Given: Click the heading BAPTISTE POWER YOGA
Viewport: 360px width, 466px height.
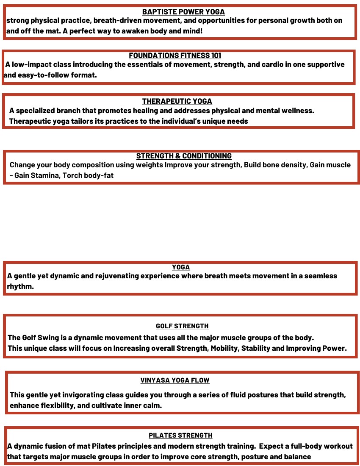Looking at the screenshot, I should tap(183, 12).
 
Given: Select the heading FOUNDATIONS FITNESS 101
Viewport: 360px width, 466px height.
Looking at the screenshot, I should tap(175, 55).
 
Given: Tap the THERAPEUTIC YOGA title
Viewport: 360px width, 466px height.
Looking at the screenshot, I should tap(177, 101).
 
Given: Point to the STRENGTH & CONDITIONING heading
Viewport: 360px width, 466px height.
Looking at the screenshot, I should tap(184, 156).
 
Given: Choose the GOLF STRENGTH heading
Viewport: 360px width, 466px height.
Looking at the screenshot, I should tap(182, 326).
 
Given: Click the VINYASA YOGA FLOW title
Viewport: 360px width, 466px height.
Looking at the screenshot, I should tap(175, 380).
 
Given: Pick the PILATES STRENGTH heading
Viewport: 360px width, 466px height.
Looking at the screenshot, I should tap(180, 435).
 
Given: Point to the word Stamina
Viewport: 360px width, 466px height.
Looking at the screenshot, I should tap(44, 175).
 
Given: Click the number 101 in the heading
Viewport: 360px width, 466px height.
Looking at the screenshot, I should tap(215, 55).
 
